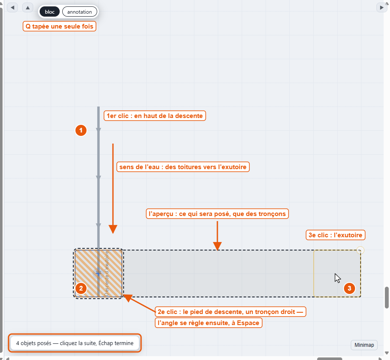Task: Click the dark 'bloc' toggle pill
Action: click(49, 12)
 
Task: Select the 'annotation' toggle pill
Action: click(80, 12)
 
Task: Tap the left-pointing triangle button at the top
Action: click(12, 8)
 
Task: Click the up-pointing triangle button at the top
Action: click(28, 8)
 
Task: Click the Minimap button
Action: click(364, 345)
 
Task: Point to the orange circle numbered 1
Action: click(81, 130)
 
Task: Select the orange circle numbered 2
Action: click(81, 288)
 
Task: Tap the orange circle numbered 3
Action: click(349, 288)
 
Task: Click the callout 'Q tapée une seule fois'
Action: click(59, 26)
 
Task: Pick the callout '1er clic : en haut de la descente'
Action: click(155, 116)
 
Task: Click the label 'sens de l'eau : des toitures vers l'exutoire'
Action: click(183, 167)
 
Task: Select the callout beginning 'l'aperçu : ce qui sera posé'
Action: click(217, 214)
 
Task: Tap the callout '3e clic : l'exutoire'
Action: click(335, 235)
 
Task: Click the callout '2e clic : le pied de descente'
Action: click(230, 312)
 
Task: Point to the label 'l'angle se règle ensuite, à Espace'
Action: click(208, 323)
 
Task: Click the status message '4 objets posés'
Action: click(75, 343)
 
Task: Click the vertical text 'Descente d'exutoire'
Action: click(107, 274)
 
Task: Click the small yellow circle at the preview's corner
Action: click(360, 250)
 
